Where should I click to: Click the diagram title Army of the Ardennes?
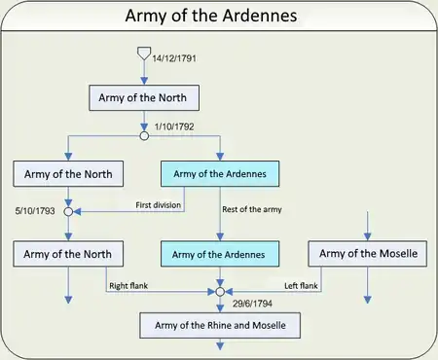point(211,16)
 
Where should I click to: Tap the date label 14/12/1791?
point(174,58)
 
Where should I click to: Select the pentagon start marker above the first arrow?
point(144,54)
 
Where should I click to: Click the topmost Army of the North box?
point(144,97)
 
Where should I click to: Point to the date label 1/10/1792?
point(174,126)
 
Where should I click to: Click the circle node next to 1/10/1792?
point(144,136)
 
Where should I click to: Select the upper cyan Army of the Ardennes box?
point(220,174)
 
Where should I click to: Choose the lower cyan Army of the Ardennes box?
point(220,254)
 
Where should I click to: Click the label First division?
point(159,205)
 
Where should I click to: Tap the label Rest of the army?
point(252,209)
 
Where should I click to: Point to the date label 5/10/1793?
point(35,211)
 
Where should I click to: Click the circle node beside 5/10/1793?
point(68,212)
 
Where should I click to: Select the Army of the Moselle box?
point(368,254)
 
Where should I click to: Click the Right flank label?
point(128,286)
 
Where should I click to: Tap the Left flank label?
point(301,286)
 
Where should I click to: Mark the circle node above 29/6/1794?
point(220,292)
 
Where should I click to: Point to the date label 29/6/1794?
point(252,304)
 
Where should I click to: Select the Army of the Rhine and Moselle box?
point(220,325)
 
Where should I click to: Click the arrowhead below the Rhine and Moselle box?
point(220,346)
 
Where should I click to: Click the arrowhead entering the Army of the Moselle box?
point(368,236)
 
